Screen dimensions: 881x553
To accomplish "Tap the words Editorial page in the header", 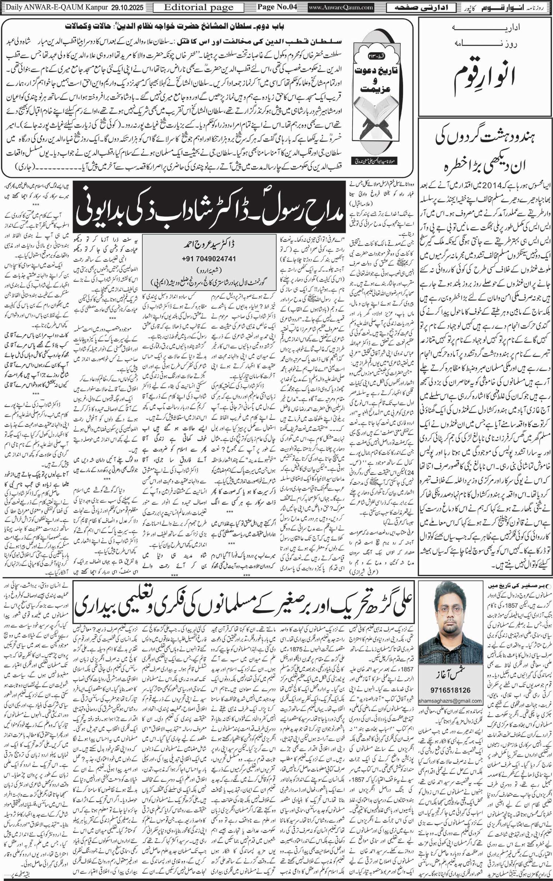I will coord(198,7).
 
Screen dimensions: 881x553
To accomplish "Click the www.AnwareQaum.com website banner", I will coord(341,7).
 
